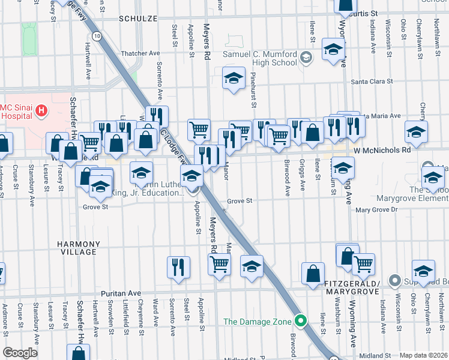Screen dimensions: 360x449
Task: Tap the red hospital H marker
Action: (41, 110)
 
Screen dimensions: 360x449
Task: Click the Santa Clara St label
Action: (371, 82)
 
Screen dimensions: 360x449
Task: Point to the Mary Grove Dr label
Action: (376, 210)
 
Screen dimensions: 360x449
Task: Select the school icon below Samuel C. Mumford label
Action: (234, 77)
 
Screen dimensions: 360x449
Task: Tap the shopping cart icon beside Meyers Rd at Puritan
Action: (219, 263)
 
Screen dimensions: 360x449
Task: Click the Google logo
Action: (20, 353)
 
